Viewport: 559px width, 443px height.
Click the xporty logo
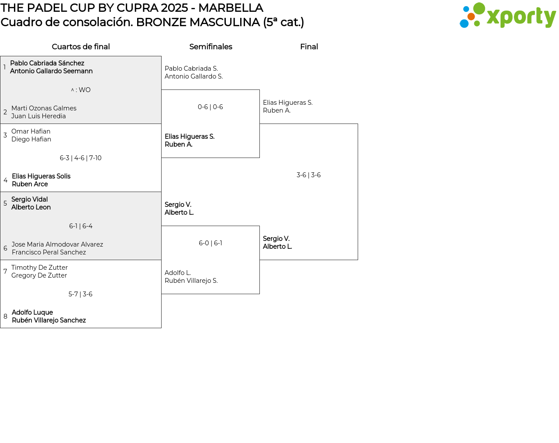507,16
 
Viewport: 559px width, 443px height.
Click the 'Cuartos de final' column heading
81,47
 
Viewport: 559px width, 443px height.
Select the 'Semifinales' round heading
210,47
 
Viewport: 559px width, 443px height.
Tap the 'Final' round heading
309,47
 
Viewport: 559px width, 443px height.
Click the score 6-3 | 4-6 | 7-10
81,158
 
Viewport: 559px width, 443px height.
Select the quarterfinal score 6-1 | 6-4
81,226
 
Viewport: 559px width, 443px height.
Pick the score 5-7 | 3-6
81,294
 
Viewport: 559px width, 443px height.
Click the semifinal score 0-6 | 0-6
210,107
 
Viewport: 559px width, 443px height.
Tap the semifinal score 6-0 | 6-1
210,243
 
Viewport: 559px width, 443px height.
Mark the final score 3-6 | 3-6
309,175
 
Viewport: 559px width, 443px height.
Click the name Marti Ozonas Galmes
44,108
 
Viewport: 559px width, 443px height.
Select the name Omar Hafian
31,131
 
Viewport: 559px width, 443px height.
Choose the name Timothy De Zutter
39,268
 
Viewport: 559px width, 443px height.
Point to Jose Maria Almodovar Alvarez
57,244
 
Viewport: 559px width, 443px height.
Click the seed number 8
5,316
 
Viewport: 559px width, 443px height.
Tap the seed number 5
5,203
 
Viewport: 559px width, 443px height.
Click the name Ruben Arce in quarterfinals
30,184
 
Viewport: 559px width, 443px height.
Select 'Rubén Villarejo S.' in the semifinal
191,281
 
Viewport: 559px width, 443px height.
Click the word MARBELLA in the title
231,8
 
